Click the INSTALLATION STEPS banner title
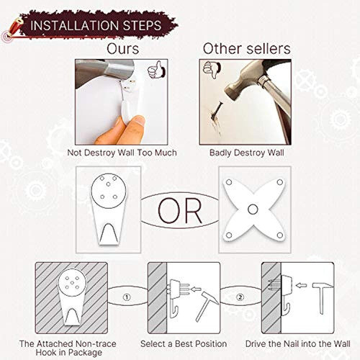(96, 25)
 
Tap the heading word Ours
(122, 49)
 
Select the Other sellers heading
(246, 49)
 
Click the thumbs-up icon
(157, 70)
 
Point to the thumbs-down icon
(212, 69)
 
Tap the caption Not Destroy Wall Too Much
(122, 153)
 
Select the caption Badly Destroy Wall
(246, 153)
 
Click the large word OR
(180, 210)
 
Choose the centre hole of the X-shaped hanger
(253, 210)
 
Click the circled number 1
(127, 297)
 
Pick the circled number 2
(240, 297)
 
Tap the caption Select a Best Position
(184, 343)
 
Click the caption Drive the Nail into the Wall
(297, 343)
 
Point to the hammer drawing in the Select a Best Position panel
(207, 306)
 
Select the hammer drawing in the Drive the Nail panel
(322, 298)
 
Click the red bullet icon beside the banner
(12, 28)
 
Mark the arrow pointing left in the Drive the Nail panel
(301, 285)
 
